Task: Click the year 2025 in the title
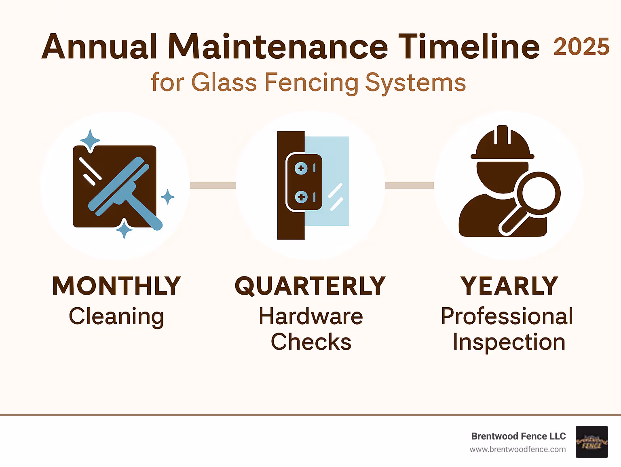pyautogui.click(x=581, y=47)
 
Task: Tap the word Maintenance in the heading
pyautogui.click(x=278, y=47)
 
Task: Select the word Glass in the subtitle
pyautogui.click(x=224, y=83)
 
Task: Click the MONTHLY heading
pyautogui.click(x=116, y=286)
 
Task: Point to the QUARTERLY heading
pyautogui.click(x=310, y=286)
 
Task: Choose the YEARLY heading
pyautogui.click(x=509, y=286)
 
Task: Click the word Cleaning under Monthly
pyautogui.click(x=116, y=316)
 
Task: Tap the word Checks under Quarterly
pyautogui.click(x=310, y=342)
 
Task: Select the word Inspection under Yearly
pyautogui.click(x=509, y=342)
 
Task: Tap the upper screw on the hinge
pyautogui.click(x=301, y=168)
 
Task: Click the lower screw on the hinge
pyautogui.click(x=301, y=197)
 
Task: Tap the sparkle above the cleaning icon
pyautogui.click(x=90, y=140)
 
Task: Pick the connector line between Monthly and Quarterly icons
pyautogui.click(x=213, y=185)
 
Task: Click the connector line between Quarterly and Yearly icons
pyautogui.click(x=409, y=185)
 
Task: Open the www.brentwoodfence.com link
pyautogui.click(x=517, y=449)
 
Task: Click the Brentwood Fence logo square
pyautogui.click(x=591, y=442)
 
